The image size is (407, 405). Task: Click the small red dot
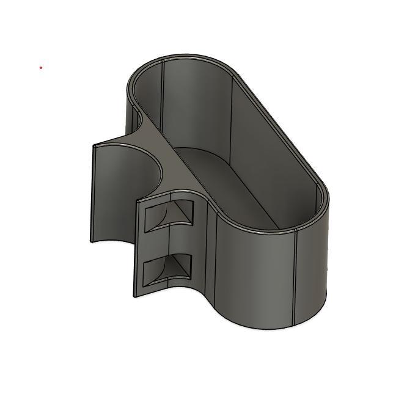point(41,68)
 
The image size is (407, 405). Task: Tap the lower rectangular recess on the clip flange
point(168,269)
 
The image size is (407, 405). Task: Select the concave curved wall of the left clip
point(116,189)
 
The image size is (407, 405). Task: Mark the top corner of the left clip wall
point(94,145)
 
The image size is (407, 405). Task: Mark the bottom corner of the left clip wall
point(92,241)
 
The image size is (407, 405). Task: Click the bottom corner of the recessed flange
point(135,296)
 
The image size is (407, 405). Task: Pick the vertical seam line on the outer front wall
point(295,275)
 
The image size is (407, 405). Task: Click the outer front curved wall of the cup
point(257,275)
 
